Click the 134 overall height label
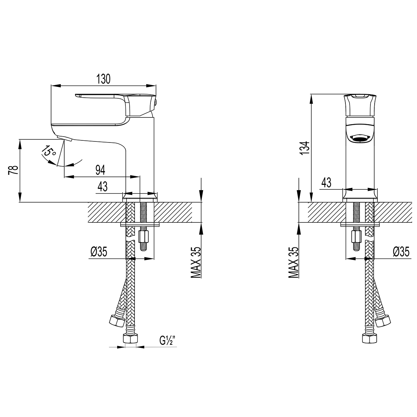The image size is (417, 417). pos(304,148)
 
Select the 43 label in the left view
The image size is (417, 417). pos(102,187)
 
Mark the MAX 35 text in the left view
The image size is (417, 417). pos(196,263)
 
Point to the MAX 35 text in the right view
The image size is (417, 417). pos(294,263)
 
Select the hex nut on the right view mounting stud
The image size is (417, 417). pos(356,238)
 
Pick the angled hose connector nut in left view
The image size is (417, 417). pos(116,321)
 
